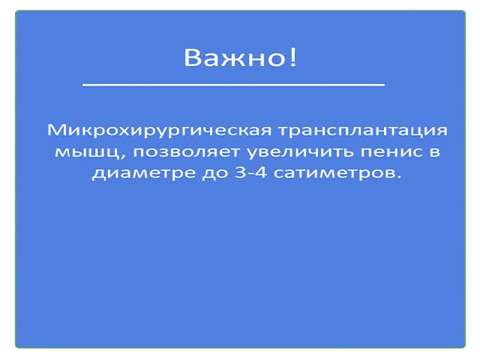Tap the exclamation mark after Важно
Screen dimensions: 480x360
293,57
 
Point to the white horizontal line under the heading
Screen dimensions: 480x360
233,85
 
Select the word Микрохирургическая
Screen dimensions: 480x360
159,130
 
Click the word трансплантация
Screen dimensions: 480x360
363,130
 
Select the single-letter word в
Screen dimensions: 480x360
435,151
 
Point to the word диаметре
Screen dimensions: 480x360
144,173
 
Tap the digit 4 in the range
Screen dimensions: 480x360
260,172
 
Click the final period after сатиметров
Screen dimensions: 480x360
397,177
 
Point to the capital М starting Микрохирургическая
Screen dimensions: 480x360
56,130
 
